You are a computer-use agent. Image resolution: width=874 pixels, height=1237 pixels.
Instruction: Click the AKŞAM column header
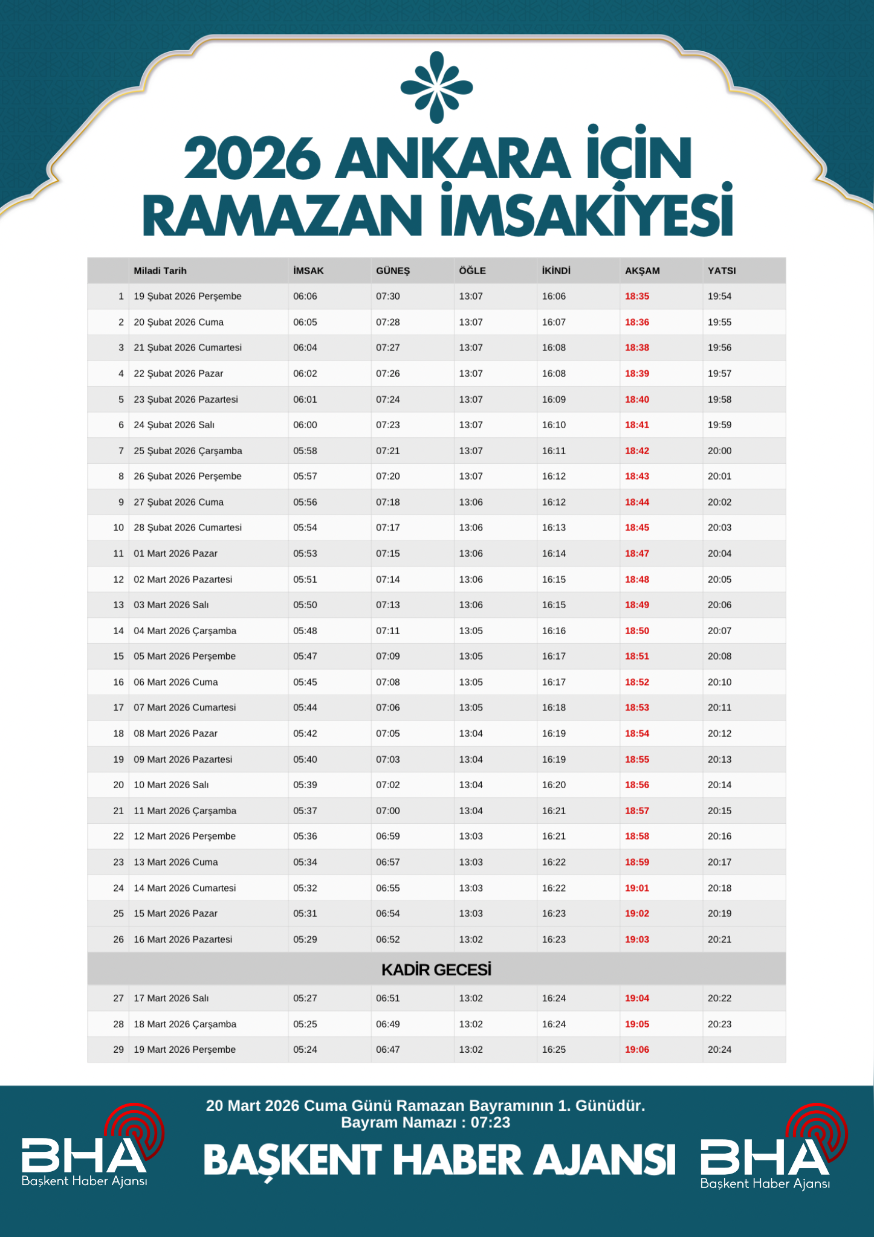(642, 271)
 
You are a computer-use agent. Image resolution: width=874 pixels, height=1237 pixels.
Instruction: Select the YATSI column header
(722, 271)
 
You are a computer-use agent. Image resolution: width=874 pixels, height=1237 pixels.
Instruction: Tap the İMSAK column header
(308, 271)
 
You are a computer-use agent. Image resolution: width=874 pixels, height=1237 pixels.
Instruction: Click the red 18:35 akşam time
(636, 297)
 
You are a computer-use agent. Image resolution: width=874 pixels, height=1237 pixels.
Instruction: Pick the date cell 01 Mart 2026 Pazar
(175, 553)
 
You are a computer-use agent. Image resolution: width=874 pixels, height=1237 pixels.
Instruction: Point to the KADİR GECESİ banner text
(436, 969)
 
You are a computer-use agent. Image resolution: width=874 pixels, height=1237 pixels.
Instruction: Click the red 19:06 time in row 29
(636, 1049)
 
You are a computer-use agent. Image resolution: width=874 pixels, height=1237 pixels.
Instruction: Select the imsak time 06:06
(305, 297)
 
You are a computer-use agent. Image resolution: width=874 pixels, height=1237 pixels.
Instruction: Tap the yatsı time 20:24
(719, 1049)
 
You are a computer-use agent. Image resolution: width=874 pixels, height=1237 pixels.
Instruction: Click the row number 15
(118, 656)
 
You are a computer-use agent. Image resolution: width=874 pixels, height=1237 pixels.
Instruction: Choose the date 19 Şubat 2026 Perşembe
(187, 297)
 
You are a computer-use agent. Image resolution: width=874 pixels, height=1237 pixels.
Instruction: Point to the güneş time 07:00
(387, 811)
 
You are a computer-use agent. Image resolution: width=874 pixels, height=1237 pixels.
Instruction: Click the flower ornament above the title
(436, 88)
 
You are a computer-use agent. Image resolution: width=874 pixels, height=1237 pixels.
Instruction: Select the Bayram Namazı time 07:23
(490, 1123)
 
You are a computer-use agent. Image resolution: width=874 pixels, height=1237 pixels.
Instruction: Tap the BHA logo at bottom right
(771, 1149)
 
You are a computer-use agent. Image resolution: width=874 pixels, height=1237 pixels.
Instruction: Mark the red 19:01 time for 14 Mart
(636, 888)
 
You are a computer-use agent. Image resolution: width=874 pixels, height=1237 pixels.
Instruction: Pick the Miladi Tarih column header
(160, 271)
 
